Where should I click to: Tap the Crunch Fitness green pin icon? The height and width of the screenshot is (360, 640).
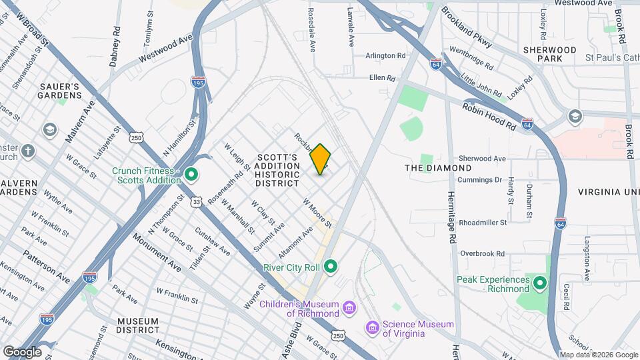pyautogui.click(x=191, y=175)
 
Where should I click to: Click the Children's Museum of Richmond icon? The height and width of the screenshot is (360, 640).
pyautogui.click(x=349, y=307)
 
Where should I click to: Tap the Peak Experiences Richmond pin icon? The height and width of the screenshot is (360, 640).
pyautogui.click(x=540, y=285)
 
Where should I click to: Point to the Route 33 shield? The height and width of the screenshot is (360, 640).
pyautogui.click(x=196, y=201)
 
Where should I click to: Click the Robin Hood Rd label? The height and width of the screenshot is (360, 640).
pyautogui.click(x=489, y=115)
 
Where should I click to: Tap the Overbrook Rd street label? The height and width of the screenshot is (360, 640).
pyautogui.click(x=482, y=254)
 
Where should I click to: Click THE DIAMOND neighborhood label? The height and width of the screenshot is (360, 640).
pyautogui.click(x=438, y=168)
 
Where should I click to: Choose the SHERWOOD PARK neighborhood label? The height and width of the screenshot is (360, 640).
pyautogui.click(x=549, y=54)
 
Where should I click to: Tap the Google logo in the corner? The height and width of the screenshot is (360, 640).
pyautogui.click(x=22, y=351)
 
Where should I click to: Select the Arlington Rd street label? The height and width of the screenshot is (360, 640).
pyautogui.click(x=385, y=56)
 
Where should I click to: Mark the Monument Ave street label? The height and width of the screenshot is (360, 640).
pyautogui.click(x=157, y=252)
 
